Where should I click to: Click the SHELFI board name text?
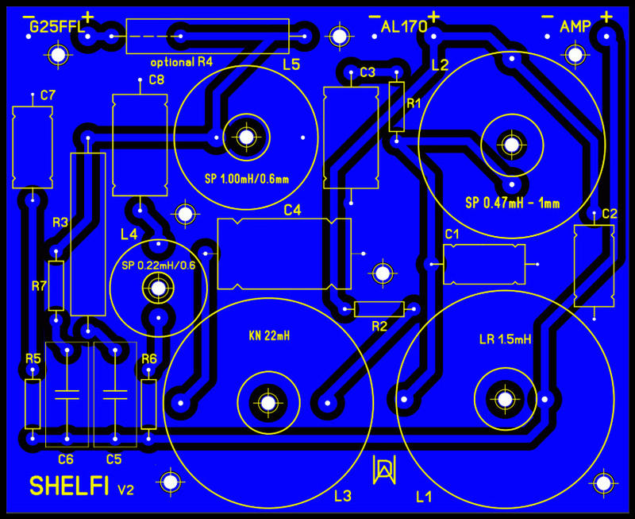tap(69, 486)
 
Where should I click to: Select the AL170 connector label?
tap(404, 28)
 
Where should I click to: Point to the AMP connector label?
tap(575, 28)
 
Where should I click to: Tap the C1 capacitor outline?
tap(484, 264)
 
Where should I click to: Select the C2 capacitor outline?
tap(594, 265)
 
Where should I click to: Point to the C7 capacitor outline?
tap(32, 147)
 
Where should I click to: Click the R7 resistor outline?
tap(56, 285)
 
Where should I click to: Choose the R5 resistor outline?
tap(33, 404)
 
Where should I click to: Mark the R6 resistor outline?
tap(148, 404)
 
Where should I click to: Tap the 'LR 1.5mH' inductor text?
tap(505, 339)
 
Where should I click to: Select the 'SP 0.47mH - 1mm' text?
tap(512, 203)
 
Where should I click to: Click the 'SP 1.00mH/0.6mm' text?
tap(246, 178)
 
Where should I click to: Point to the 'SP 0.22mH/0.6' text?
tap(157, 265)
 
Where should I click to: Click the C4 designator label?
tap(293, 211)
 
